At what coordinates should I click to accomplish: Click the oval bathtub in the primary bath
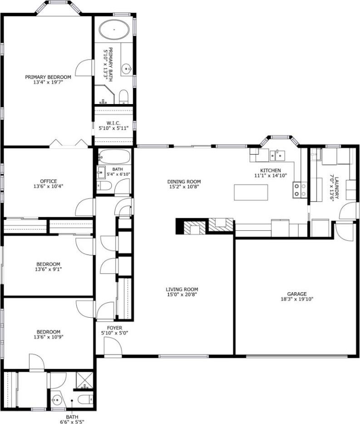click(x=114, y=29)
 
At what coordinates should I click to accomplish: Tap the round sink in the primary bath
click(x=126, y=69)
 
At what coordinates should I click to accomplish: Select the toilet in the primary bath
click(x=123, y=96)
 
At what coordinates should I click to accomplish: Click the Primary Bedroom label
click(x=48, y=77)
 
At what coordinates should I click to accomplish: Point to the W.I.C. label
click(x=113, y=123)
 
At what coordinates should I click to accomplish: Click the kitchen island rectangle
click(x=251, y=192)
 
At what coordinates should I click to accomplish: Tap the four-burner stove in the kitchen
click(x=300, y=190)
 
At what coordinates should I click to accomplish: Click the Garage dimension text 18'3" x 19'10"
click(x=297, y=299)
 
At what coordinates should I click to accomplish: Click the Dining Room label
click(x=184, y=182)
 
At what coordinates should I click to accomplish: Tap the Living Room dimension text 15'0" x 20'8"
click(x=182, y=294)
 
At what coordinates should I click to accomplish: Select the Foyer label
click(x=114, y=328)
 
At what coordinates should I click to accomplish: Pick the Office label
click(x=48, y=181)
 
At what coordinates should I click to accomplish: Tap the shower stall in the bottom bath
click(x=84, y=381)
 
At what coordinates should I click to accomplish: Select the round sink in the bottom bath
click(x=56, y=399)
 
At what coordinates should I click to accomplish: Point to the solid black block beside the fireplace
click(x=180, y=226)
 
